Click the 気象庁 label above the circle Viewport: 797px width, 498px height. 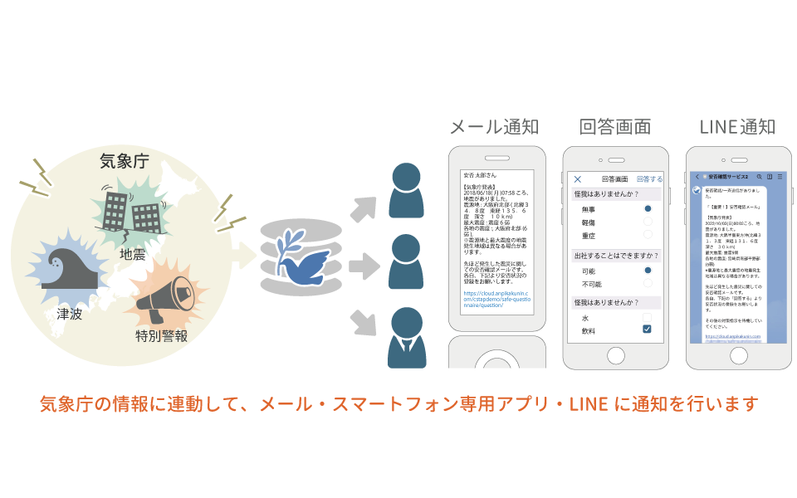[x=124, y=161]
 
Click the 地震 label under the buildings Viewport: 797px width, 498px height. [x=134, y=253]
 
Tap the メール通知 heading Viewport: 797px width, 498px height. [x=494, y=127]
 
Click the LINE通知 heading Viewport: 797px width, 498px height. [x=737, y=127]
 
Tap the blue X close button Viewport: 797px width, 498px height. [x=579, y=178]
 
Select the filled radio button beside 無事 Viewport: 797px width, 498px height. [x=648, y=209]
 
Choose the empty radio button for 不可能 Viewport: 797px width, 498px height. [x=648, y=284]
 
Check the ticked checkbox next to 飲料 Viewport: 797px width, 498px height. [x=648, y=330]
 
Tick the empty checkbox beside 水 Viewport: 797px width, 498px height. [x=648, y=317]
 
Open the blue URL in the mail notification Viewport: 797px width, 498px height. [x=496, y=299]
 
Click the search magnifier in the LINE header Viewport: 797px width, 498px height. [x=759, y=177]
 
